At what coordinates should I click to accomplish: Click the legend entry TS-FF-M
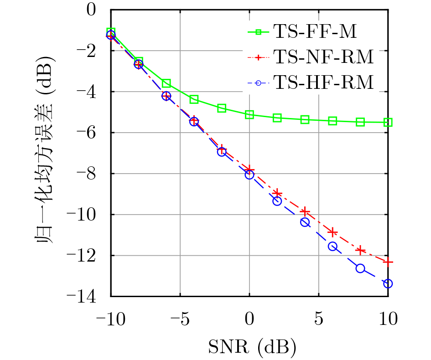[315, 32]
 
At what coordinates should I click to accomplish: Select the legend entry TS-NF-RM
[323, 57]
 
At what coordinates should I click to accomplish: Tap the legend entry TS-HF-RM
[323, 83]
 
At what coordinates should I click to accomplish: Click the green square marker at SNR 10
[388, 122]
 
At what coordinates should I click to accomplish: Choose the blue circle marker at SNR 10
[388, 283]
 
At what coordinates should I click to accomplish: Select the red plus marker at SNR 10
[388, 262]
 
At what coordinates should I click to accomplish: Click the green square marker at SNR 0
[249, 115]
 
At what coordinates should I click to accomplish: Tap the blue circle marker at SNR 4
[305, 222]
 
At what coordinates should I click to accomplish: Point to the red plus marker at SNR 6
[333, 232]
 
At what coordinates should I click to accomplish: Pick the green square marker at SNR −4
[194, 99]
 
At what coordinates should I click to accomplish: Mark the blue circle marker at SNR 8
[360, 268]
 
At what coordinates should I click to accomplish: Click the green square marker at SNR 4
[305, 119]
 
